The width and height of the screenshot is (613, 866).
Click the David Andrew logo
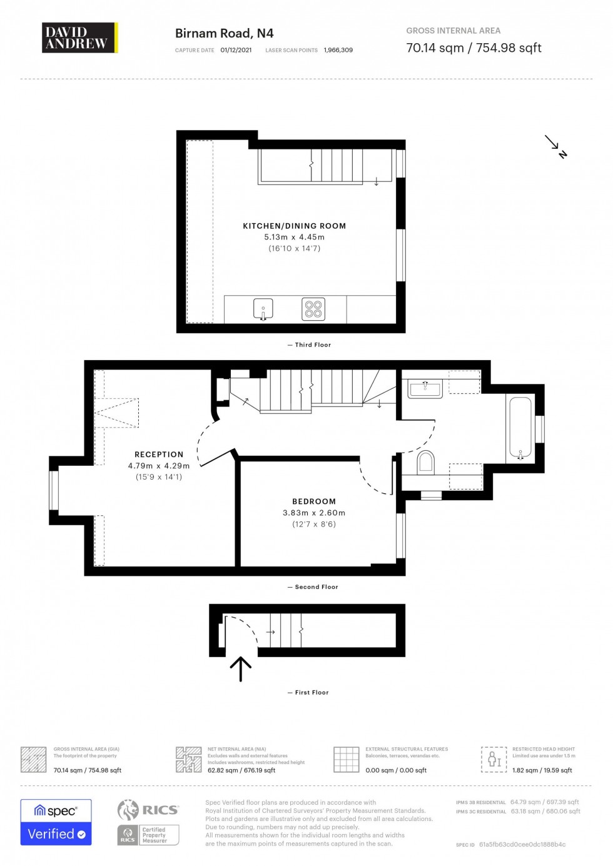(79, 38)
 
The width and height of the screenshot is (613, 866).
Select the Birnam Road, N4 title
(224, 34)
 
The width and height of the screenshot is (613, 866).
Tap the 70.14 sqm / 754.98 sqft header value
(474, 48)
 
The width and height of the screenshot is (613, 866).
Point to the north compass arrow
(555, 146)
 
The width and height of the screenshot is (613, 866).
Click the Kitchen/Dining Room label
(294, 226)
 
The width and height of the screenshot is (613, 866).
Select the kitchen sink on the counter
(263, 308)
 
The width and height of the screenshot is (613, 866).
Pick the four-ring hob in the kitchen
(313, 309)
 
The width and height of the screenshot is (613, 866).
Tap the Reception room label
(159, 455)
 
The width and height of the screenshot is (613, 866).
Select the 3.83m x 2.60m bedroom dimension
(314, 513)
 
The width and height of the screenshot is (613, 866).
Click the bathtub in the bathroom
(520, 428)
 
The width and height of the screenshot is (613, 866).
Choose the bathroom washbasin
(425, 389)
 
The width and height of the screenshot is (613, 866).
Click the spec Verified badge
(56, 822)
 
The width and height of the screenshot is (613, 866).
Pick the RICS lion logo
(128, 810)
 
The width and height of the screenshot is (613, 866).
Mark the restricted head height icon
(494, 759)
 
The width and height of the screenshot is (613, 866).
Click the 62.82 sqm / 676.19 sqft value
(241, 770)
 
